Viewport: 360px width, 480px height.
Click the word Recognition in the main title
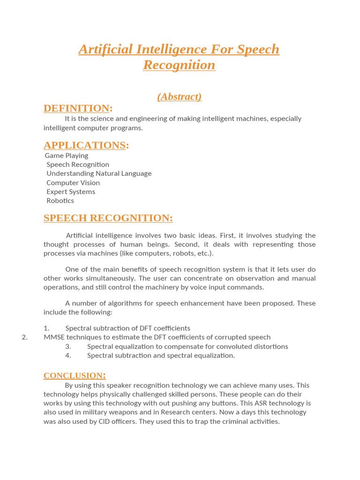coord(179,65)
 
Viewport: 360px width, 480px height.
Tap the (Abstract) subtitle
coord(179,97)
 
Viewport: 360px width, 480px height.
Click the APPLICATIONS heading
coord(86,145)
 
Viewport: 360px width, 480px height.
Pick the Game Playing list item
coord(67,156)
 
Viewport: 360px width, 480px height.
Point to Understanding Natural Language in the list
coord(99,173)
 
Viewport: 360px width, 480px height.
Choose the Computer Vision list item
coord(73,183)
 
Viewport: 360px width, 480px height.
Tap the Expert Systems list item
coord(71,192)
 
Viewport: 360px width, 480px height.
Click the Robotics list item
coord(60,201)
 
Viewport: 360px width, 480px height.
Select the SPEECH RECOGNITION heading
coord(108,218)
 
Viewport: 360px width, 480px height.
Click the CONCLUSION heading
coord(75,375)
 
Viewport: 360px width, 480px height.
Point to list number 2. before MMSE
coord(25,337)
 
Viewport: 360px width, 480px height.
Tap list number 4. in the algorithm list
coord(68,355)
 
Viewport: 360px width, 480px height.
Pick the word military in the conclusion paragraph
coord(94,412)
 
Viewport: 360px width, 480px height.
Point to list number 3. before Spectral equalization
coord(68,346)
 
